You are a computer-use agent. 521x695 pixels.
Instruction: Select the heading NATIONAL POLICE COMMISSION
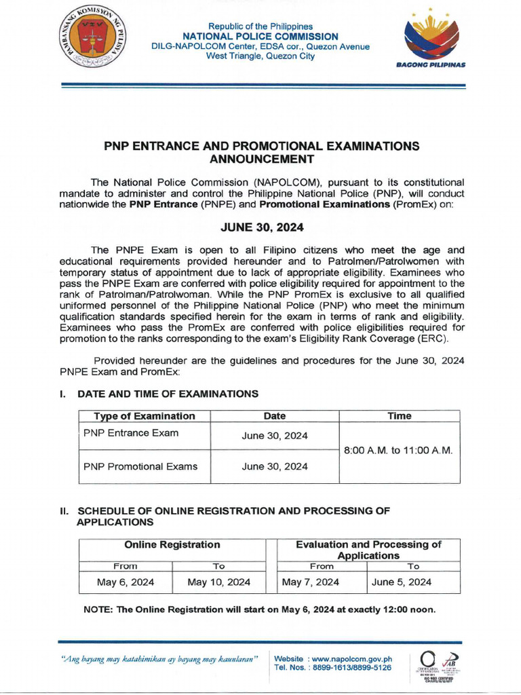[x=261, y=37]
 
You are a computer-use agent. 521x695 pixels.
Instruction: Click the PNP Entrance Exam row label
[x=131, y=433]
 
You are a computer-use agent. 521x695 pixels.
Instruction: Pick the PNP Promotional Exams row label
[x=140, y=466]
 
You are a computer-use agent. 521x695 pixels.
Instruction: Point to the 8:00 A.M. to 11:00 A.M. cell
[x=398, y=451]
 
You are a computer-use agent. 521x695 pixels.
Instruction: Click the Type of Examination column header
[x=144, y=416]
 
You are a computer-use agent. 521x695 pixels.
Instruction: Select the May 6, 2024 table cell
[x=126, y=582]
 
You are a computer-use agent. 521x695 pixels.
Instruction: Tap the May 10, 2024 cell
[x=218, y=582]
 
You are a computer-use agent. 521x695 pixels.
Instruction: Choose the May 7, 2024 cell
[x=310, y=582]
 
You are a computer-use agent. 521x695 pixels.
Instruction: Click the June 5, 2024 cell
[x=401, y=582]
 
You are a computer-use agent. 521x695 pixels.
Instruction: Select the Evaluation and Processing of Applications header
[x=368, y=550]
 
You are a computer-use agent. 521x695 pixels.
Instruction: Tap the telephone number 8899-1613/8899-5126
[x=348, y=667]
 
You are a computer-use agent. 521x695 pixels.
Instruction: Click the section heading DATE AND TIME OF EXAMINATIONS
[x=168, y=394]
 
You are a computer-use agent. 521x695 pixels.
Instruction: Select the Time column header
[x=399, y=416]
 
